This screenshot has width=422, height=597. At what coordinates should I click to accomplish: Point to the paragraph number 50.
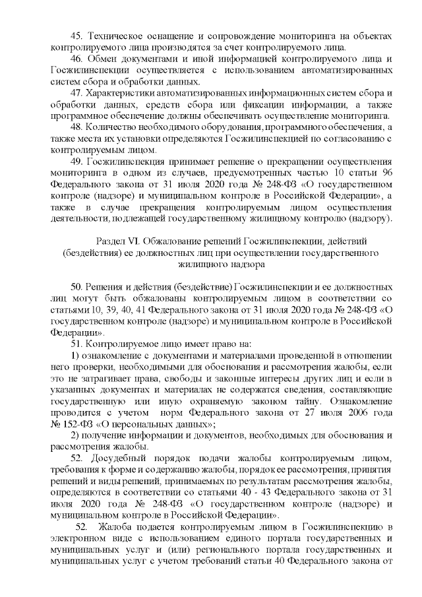pos(75,288)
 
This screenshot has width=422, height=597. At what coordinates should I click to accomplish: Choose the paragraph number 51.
pos(75,342)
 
